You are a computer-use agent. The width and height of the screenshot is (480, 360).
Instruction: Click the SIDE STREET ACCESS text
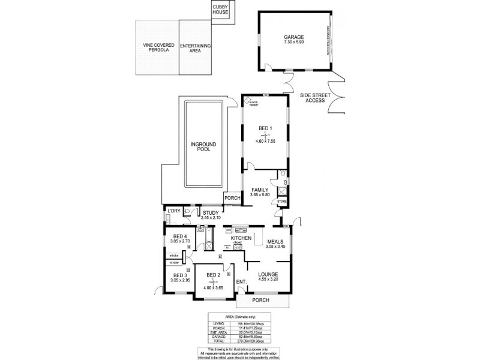(314, 97)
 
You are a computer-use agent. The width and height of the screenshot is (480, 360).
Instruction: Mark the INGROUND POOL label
(203, 147)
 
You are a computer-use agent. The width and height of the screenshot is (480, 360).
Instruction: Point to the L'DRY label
(174, 211)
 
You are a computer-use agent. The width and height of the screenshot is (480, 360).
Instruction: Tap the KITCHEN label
(241, 238)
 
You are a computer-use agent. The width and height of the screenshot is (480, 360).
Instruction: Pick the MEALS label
(275, 241)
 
